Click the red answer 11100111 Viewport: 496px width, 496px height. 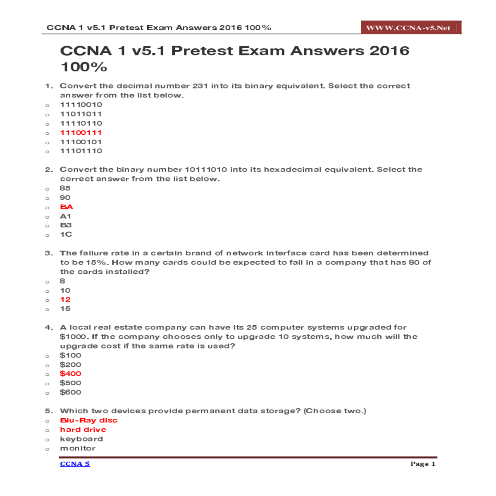(x=81, y=133)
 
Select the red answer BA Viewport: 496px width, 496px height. (x=67, y=207)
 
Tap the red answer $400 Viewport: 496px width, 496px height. (x=70, y=374)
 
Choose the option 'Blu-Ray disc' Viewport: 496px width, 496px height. (x=89, y=420)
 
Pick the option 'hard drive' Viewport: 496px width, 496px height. (x=83, y=430)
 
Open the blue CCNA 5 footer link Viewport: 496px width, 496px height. (x=75, y=464)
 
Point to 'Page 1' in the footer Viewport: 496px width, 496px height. (x=422, y=464)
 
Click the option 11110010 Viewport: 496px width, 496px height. (x=81, y=105)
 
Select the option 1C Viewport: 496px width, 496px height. (x=66, y=235)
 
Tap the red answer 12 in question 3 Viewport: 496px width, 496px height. (x=65, y=300)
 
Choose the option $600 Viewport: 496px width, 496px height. (x=70, y=392)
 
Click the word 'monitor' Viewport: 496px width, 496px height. (x=78, y=448)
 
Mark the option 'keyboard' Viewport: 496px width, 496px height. (x=81, y=439)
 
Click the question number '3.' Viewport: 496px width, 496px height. (x=49, y=253)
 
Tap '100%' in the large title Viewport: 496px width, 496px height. (x=84, y=67)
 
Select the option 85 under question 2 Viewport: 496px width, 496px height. (x=65, y=188)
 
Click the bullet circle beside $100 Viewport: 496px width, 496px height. (x=48, y=356)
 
